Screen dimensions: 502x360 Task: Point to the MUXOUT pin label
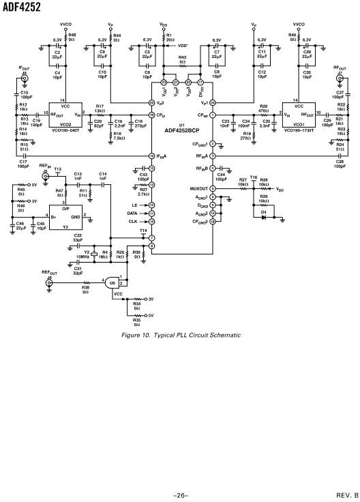(198, 188)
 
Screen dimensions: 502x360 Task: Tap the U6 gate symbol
(112, 281)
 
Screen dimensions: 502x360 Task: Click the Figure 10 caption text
(180, 335)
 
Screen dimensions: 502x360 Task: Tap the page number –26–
(180, 495)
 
